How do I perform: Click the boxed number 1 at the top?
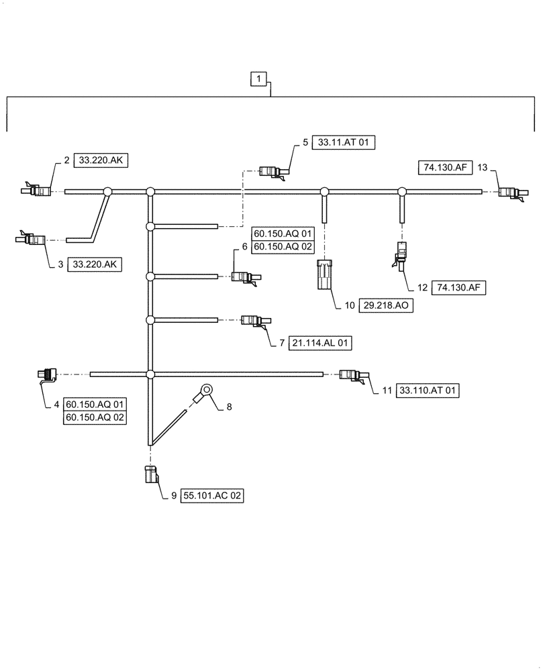(x=258, y=80)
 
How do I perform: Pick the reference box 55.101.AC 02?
(x=211, y=496)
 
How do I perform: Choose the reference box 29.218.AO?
(x=387, y=305)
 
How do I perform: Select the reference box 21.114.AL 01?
(x=320, y=343)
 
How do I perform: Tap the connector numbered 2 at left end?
(x=38, y=191)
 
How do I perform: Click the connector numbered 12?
(x=401, y=258)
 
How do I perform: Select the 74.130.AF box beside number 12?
(x=459, y=287)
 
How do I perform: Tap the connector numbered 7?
(x=254, y=321)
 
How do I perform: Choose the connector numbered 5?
(x=272, y=172)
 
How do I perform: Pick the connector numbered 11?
(x=353, y=376)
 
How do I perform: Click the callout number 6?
(x=245, y=248)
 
